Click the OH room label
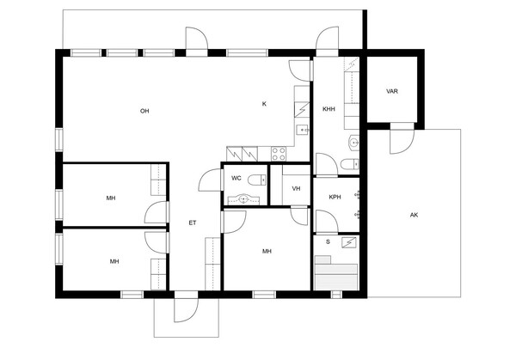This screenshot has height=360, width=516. pyautogui.click(x=144, y=111)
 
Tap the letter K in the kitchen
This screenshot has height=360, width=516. pyautogui.click(x=264, y=104)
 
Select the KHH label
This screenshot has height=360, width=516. pyautogui.click(x=329, y=109)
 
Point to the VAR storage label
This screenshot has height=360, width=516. pyautogui.click(x=392, y=91)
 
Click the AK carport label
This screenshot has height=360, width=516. pyautogui.click(x=414, y=215)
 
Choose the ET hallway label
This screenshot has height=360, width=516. pyautogui.click(x=193, y=223)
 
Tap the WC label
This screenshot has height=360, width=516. pyautogui.click(x=236, y=178)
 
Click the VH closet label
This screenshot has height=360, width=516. pyautogui.click(x=296, y=188)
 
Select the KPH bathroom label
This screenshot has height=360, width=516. pyautogui.click(x=335, y=197)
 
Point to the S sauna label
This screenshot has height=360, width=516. pyautogui.click(x=328, y=242)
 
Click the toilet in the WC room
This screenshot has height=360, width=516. pyautogui.click(x=256, y=180)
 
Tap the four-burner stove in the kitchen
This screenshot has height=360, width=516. pyautogui.click(x=279, y=154)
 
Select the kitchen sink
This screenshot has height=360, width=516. pyautogui.click(x=303, y=131)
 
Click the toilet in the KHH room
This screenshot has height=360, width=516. pyautogui.click(x=349, y=164)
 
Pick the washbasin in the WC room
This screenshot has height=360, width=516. pyautogui.click(x=243, y=199)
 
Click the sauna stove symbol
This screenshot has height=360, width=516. pyautogui.click(x=349, y=242)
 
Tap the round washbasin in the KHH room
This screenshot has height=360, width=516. pyautogui.click(x=353, y=143)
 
